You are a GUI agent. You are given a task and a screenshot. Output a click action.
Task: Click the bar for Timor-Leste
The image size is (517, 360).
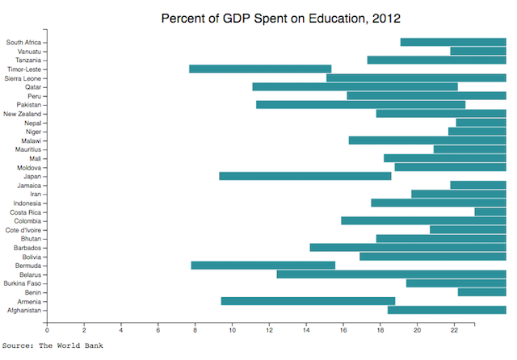pos(260,69)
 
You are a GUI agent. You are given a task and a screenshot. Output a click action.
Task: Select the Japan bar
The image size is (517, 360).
pos(305,176)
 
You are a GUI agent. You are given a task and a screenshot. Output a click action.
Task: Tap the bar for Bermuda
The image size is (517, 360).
pos(263,266)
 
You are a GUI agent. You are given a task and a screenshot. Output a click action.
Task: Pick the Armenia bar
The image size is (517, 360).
pos(308,301)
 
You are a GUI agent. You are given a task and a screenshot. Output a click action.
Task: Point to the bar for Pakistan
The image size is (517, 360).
pos(360,104)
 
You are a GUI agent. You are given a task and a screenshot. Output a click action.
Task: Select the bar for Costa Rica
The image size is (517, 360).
pos(490,211)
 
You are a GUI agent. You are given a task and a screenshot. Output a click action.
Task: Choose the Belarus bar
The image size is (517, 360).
pos(391,274)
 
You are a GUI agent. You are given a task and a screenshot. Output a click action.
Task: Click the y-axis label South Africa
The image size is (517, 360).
pos(24,42)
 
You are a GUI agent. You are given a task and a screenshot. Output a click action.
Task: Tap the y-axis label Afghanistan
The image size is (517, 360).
pos(25,310)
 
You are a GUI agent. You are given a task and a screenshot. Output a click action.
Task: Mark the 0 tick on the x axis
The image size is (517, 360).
pos(47,329)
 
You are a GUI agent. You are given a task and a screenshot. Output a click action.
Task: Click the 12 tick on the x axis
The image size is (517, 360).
pos(269,329)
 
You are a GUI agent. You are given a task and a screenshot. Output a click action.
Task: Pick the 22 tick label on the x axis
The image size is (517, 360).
pos(454,329)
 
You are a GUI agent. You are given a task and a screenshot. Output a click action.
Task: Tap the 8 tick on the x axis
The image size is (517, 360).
pos(195,329)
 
